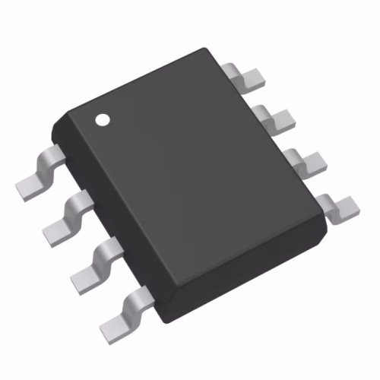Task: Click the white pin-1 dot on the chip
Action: (x=101, y=119)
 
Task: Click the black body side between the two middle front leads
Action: (x=103, y=228)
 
